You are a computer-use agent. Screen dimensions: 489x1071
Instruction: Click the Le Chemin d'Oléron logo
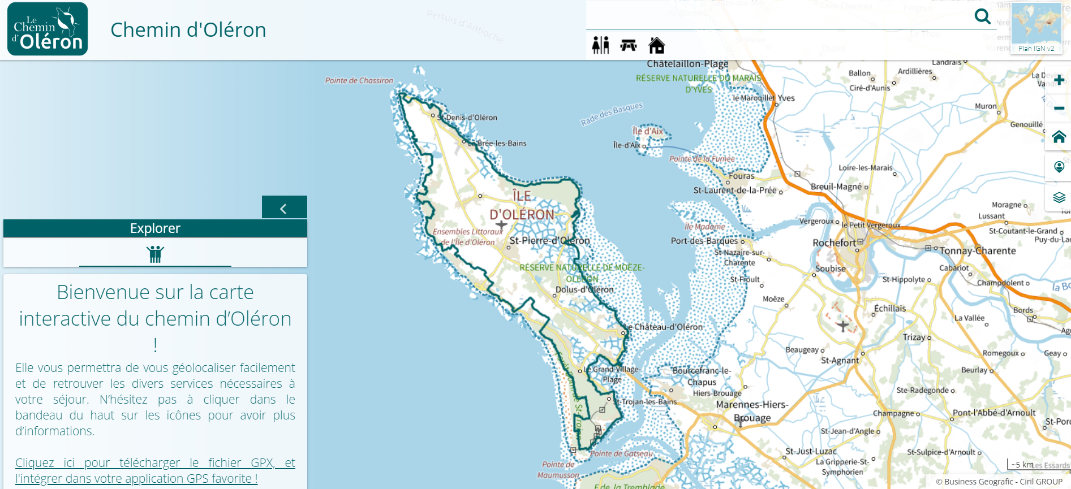tap(48, 29)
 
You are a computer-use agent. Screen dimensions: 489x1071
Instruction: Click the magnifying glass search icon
tap(982, 16)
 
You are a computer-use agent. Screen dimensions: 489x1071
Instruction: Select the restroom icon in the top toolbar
tap(600, 45)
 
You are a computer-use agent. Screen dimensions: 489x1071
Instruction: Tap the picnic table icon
tap(629, 45)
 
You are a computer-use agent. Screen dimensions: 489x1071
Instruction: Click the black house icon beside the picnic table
tap(657, 45)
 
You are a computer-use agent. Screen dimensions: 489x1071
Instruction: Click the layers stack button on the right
tap(1059, 197)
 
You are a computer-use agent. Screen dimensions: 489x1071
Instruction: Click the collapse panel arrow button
tap(284, 208)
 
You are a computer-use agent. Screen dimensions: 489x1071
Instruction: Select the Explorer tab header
tap(155, 228)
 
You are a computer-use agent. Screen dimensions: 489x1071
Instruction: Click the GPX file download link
tap(155, 470)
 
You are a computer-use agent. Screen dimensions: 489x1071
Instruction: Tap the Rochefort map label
tap(834, 243)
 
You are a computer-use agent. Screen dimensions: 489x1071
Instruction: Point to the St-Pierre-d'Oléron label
tap(549, 241)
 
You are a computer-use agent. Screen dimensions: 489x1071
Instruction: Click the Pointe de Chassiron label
tap(359, 81)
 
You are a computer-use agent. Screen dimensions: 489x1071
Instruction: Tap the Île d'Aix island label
tap(648, 131)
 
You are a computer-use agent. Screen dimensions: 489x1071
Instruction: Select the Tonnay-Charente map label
tap(978, 250)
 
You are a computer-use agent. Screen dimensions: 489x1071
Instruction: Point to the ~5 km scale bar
tap(1022, 465)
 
